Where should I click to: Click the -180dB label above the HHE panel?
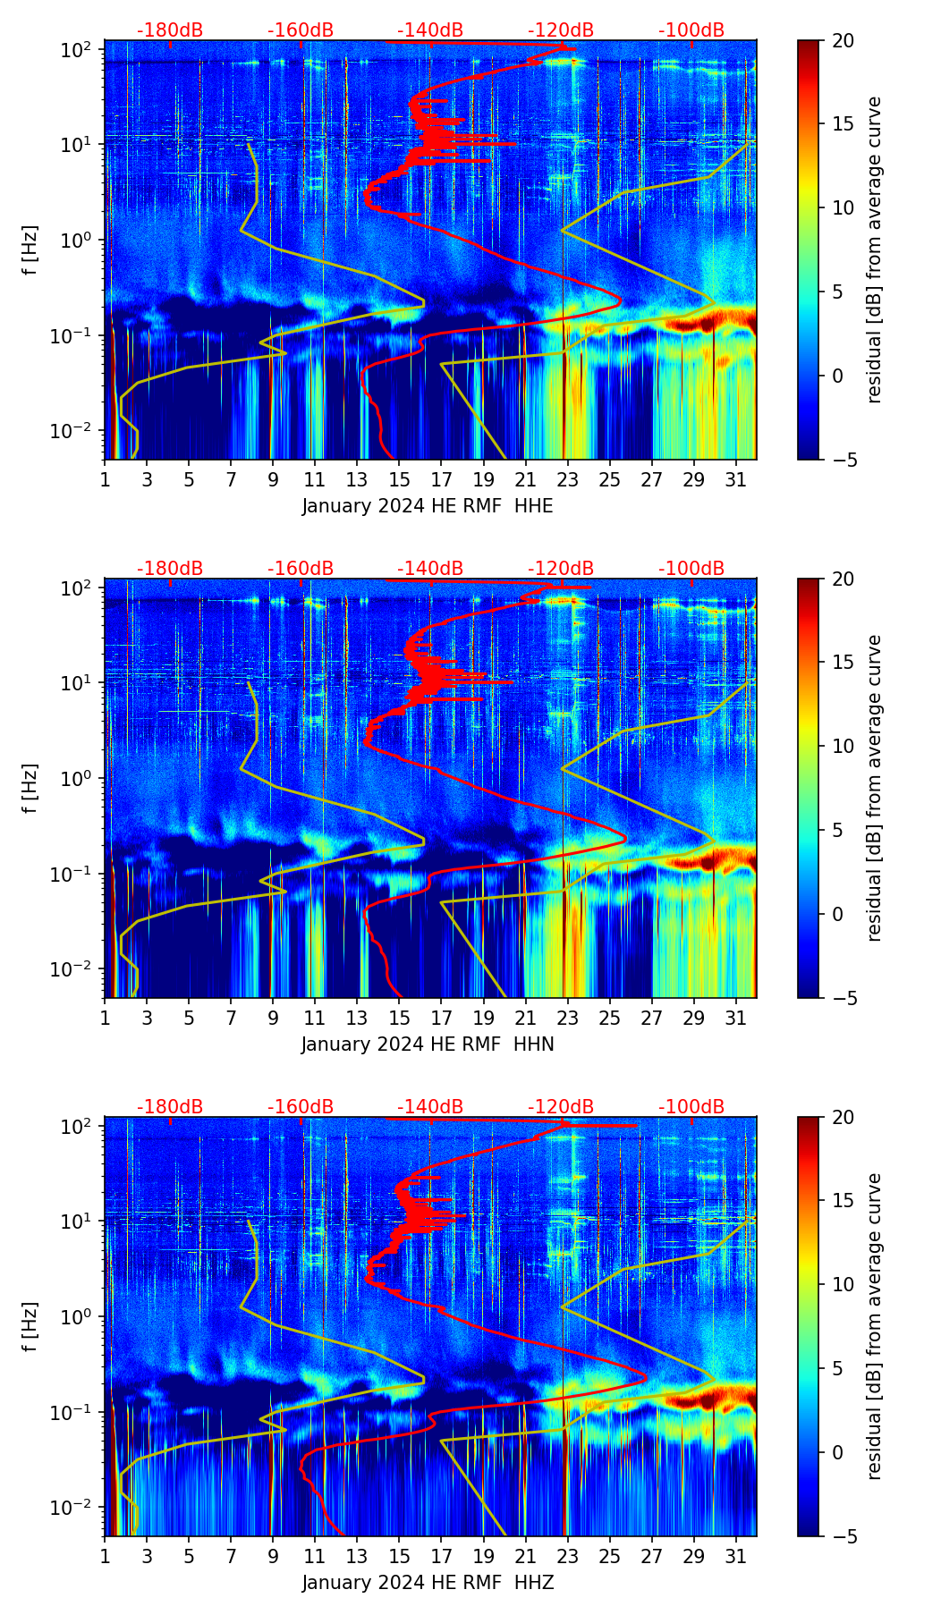170,30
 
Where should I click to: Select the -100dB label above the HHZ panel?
691,1107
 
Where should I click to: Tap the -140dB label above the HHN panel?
430,569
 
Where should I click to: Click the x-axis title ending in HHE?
428,506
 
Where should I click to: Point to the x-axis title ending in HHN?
428,1044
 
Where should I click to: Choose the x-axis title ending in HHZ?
428,1583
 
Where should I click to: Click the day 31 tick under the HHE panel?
735,479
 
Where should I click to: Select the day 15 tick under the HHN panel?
399,1018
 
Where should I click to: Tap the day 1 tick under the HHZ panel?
106,1556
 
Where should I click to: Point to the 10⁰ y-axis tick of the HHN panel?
78,778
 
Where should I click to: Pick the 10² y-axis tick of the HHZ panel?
78,1125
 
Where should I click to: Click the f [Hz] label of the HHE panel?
30,250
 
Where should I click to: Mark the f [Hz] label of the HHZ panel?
30,1327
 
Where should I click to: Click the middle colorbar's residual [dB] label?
875,788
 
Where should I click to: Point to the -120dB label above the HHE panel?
561,30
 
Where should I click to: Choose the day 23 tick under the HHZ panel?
567,1556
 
